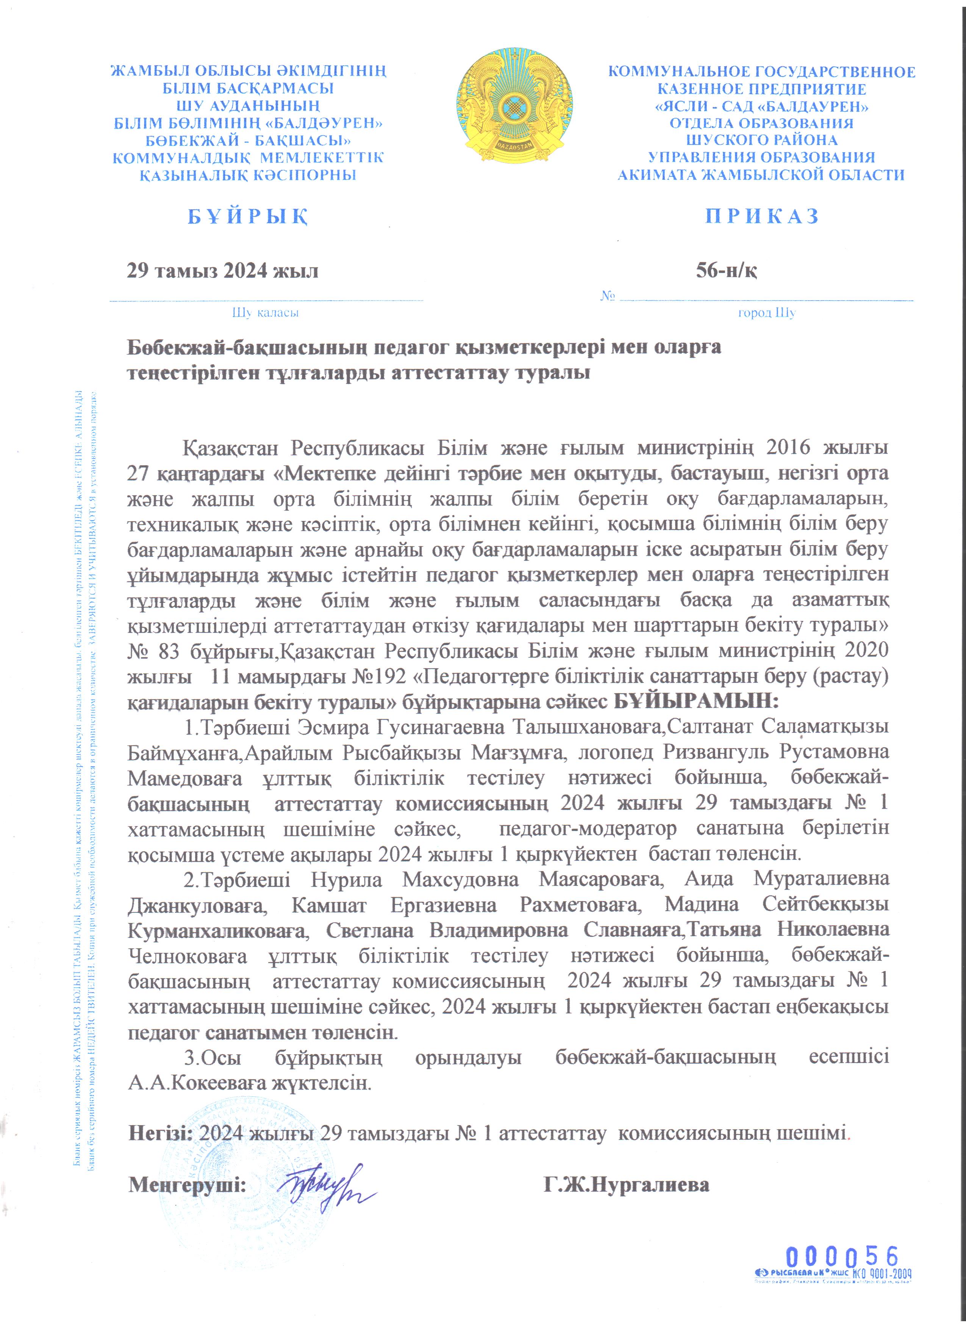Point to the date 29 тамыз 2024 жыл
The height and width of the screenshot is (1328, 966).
click(223, 271)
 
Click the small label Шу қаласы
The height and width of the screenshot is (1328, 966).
click(266, 313)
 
